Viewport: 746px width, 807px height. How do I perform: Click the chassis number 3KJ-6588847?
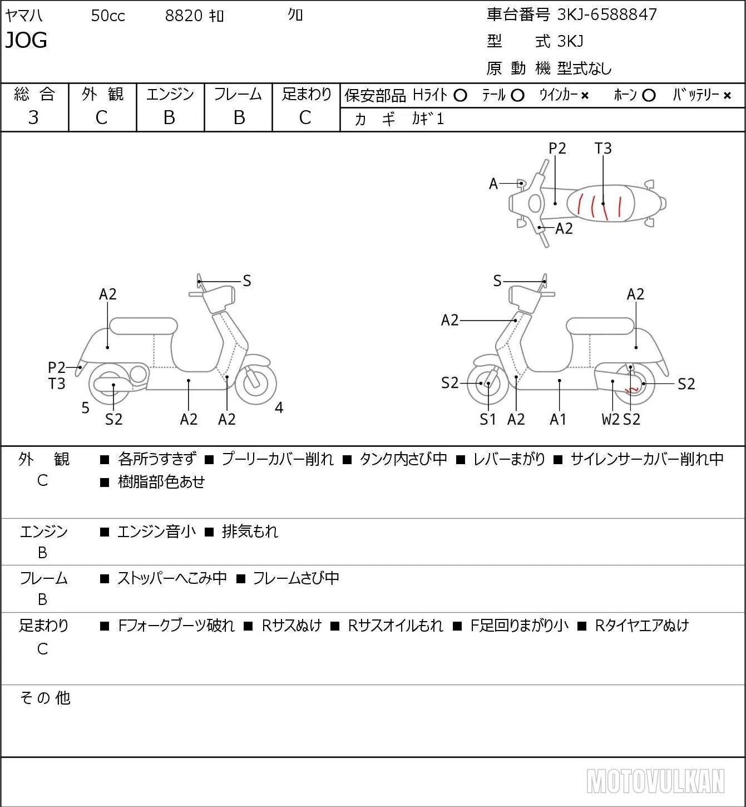(606, 15)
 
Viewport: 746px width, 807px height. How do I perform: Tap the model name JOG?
(26, 40)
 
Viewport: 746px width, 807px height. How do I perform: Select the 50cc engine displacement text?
(108, 16)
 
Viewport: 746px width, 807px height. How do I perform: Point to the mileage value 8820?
(184, 16)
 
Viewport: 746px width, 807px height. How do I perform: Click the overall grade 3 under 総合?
(33, 117)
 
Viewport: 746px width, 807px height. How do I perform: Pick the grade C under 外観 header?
(102, 117)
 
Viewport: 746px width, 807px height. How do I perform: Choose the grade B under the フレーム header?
(239, 117)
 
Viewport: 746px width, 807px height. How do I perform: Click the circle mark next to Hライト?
(460, 96)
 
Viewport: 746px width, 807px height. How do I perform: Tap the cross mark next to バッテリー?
(727, 96)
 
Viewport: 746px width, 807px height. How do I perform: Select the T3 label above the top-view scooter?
(603, 148)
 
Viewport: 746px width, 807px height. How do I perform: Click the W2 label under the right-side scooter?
(610, 419)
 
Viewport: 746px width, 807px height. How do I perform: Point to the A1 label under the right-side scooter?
(558, 419)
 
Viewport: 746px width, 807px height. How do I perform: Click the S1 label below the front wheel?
(487, 419)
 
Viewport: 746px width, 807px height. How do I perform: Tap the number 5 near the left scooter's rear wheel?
(85, 407)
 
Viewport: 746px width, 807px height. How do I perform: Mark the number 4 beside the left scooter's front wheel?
(279, 407)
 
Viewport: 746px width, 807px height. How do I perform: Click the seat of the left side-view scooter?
(144, 326)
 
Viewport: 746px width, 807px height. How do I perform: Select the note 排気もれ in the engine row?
(250, 531)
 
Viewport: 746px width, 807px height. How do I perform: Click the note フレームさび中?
(296, 578)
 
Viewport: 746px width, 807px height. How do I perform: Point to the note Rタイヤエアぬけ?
(642, 626)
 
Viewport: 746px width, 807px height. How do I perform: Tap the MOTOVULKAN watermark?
(655, 781)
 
